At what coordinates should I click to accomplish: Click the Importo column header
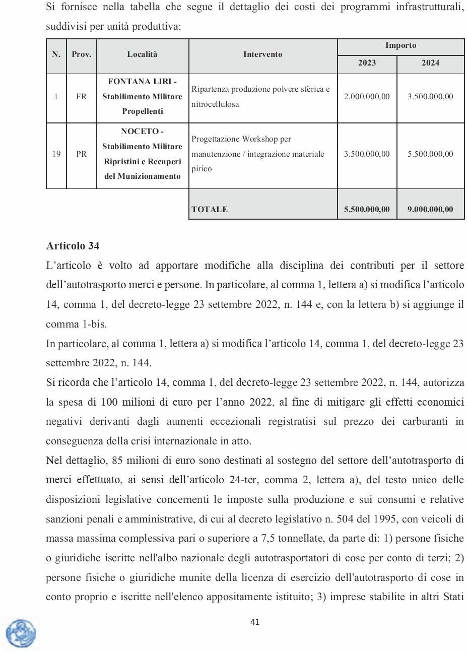(x=401, y=46)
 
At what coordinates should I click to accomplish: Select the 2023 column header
(x=367, y=63)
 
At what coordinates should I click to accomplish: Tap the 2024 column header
(x=430, y=63)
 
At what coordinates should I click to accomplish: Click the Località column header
(x=142, y=54)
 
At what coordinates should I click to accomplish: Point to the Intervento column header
(x=262, y=54)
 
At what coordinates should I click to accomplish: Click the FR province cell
(x=81, y=97)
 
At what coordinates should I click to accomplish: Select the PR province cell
(x=81, y=154)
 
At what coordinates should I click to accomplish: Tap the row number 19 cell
(x=56, y=154)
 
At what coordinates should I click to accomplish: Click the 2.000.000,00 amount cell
(x=367, y=97)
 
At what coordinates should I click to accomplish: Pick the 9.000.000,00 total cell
(x=430, y=210)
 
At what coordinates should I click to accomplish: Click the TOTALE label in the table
(x=210, y=210)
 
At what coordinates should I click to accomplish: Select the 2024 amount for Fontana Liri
(x=430, y=97)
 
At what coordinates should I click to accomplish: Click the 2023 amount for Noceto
(x=367, y=154)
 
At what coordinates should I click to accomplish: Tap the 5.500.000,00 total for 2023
(x=367, y=210)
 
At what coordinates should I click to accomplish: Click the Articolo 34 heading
(x=73, y=246)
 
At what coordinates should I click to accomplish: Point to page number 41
(x=255, y=622)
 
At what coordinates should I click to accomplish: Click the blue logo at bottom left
(x=21, y=633)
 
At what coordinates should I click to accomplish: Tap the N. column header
(x=56, y=54)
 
